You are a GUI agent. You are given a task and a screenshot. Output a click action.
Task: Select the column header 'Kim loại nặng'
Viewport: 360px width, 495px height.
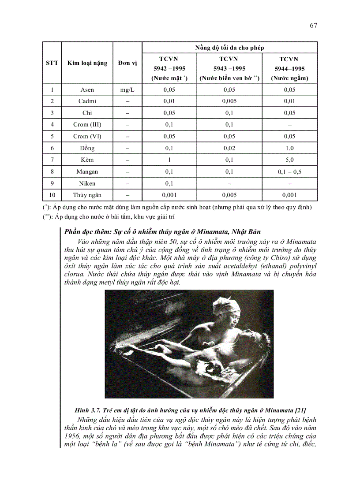(87, 63)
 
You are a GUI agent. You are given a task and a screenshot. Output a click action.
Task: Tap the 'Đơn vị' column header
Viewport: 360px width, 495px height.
(127, 63)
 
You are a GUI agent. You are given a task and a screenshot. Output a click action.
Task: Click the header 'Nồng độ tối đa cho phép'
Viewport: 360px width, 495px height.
(229, 47)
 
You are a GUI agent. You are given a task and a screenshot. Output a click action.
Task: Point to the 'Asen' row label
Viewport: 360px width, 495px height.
(87, 89)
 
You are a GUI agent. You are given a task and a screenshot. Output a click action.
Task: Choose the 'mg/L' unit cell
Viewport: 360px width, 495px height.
(127, 89)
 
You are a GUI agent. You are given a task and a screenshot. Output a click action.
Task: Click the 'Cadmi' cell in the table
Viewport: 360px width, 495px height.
(87, 101)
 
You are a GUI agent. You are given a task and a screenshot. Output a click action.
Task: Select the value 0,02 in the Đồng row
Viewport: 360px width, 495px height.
(229, 148)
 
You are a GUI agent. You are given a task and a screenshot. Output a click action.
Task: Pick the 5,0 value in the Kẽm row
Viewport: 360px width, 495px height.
(289, 160)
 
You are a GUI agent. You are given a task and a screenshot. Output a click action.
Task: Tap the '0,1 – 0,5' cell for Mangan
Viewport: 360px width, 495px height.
(289, 171)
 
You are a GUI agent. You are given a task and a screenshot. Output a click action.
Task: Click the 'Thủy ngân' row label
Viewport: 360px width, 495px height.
(87, 195)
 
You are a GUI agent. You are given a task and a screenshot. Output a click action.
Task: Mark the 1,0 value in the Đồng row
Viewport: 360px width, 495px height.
(289, 148)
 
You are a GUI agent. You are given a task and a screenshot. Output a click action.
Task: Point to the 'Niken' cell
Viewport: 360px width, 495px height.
(87, 183)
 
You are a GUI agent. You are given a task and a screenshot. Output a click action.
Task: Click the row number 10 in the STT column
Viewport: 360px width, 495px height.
(52, 195)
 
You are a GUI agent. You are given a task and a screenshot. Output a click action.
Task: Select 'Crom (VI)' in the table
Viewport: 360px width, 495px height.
(87, 136)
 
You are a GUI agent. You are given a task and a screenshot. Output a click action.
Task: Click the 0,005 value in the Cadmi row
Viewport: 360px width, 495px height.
(229, 101)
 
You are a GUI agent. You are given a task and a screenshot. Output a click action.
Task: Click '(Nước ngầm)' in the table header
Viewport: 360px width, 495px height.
(289, 78)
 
